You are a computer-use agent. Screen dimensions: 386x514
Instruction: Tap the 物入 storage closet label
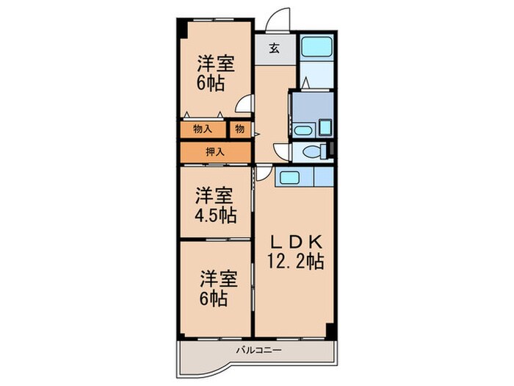(x=203, y=129)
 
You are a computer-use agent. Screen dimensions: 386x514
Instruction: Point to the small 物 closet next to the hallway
(x=240, y=129)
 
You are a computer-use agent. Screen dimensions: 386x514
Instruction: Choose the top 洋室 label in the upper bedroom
(x=216, y=63)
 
